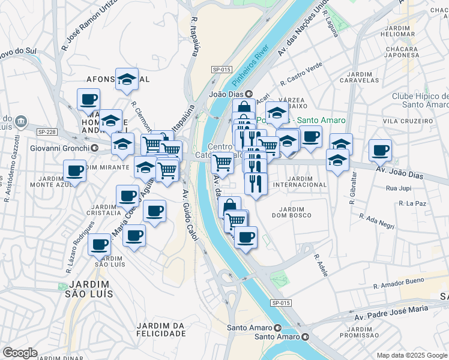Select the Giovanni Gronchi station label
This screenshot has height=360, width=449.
pyautogui.click(x=61, y=148)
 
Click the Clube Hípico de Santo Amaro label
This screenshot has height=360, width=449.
pyautogui.click(x=420, y=100)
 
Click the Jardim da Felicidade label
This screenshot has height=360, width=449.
pyautogui.click(x=160, y=329)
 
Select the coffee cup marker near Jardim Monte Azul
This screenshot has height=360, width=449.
pyautogui.click(x=74, y=172)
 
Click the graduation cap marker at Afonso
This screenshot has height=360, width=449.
pyautogui.click(x=127, y=80)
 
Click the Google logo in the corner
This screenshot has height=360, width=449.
pyautogui.click(x=20, y=353)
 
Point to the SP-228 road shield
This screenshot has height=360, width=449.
pyautogui.click(x=46, y=132)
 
